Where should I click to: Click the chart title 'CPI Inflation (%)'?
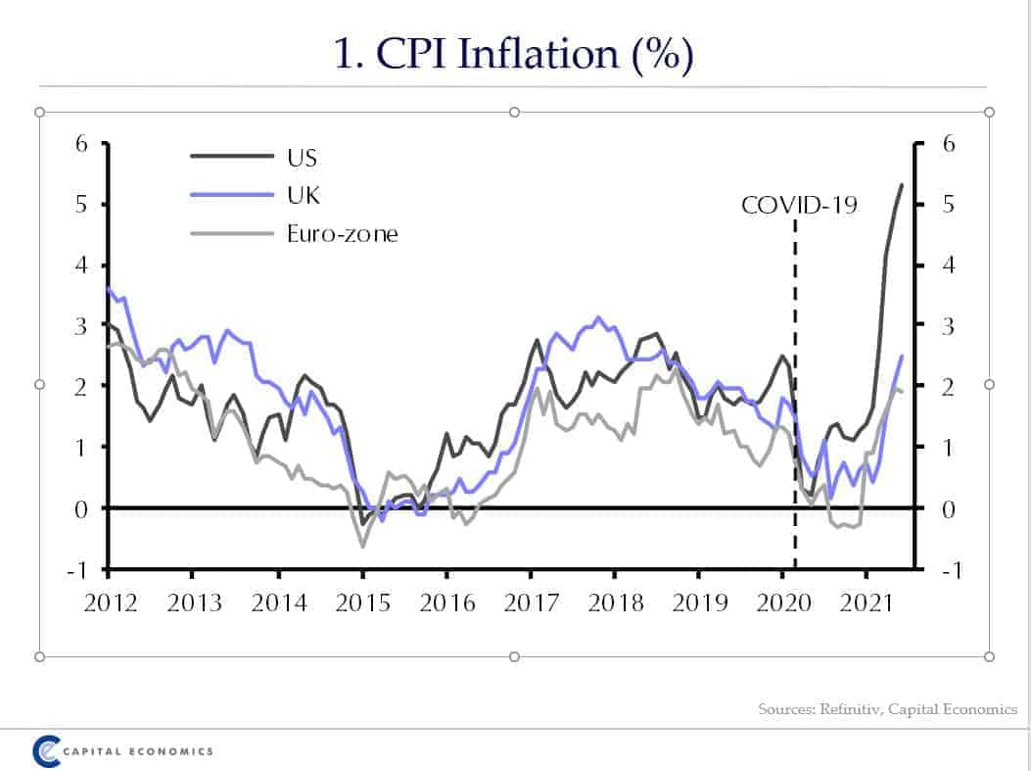(x=514, y=54)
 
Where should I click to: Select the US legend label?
(x=302, y=157)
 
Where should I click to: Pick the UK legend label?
(x=303, y=195)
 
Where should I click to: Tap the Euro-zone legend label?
(x=342, y=233)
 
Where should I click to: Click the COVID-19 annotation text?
(x=799, y=205)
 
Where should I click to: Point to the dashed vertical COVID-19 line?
(x=794, y=392)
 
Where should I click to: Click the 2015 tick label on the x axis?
(x=362, y=602)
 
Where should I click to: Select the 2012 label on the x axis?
(x=110, y=602)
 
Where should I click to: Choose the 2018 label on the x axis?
(x=615, y=602)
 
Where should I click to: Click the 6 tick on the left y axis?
(x=82, y=144)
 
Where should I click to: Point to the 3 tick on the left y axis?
(x=82, y=326)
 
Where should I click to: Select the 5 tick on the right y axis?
(x=945, y=205)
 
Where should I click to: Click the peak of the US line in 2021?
(x=901, y=184)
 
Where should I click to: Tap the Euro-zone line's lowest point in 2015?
(x=362, y=546)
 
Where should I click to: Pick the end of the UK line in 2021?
(x=901, y=357)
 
